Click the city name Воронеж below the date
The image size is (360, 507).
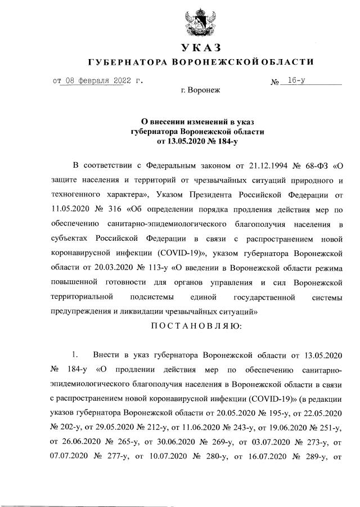point(206,90)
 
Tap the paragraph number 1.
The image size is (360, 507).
point(73,356)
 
